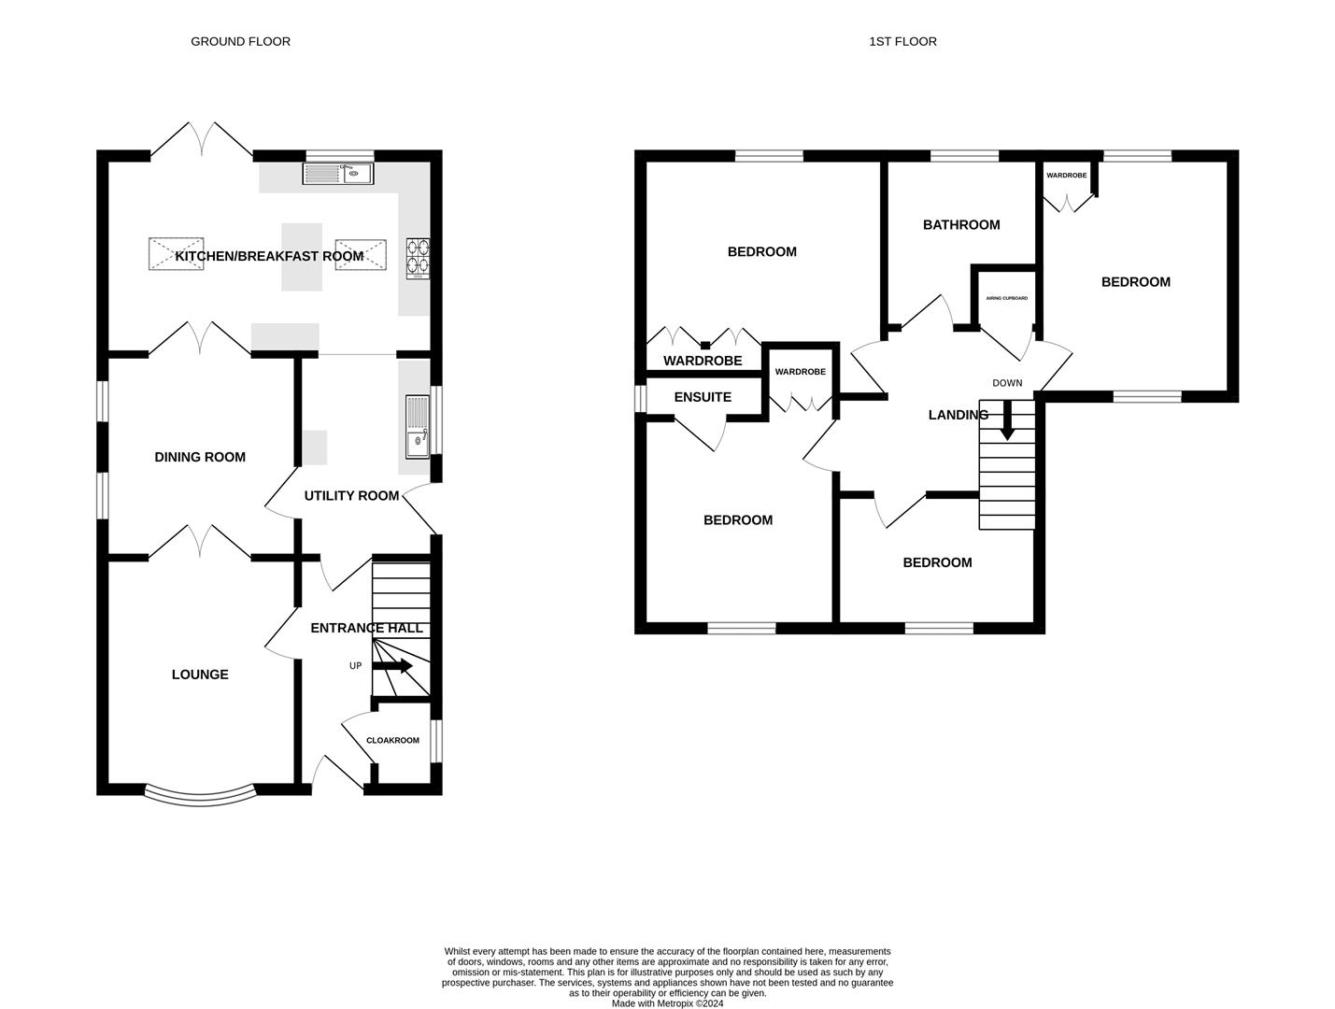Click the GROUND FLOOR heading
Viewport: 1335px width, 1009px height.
[x=240, y=41]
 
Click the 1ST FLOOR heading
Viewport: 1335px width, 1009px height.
[x=902, y=41]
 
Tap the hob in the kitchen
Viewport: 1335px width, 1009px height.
[x=419, y=259]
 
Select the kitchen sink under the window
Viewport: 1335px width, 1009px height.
[x=337, y=173]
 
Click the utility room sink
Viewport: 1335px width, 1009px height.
[x=417, y=425]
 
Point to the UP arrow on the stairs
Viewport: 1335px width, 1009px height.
[x=393, y=666]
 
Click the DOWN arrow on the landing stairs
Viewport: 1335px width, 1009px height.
[x=1007, y=421]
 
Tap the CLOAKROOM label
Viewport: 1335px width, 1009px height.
[x=392, y=740]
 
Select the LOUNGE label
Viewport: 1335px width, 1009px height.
[x=200, y=675]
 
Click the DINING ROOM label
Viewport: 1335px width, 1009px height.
[x=200, y=457]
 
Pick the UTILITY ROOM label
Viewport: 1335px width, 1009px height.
[x=351, y=495]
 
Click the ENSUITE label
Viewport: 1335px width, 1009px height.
[x=703, y=397]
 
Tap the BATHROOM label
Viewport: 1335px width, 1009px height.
[x=961, y=224]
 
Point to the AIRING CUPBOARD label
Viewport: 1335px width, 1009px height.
[x=1006, y=298]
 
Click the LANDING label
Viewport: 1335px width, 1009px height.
[x=958, y=415]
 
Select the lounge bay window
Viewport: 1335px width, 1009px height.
[x=200, y=796]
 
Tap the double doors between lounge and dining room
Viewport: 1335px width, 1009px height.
[x=199, y=542]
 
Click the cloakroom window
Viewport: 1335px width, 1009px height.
[x=436, y=741]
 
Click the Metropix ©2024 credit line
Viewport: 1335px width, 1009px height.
[x=667, y=1003]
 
